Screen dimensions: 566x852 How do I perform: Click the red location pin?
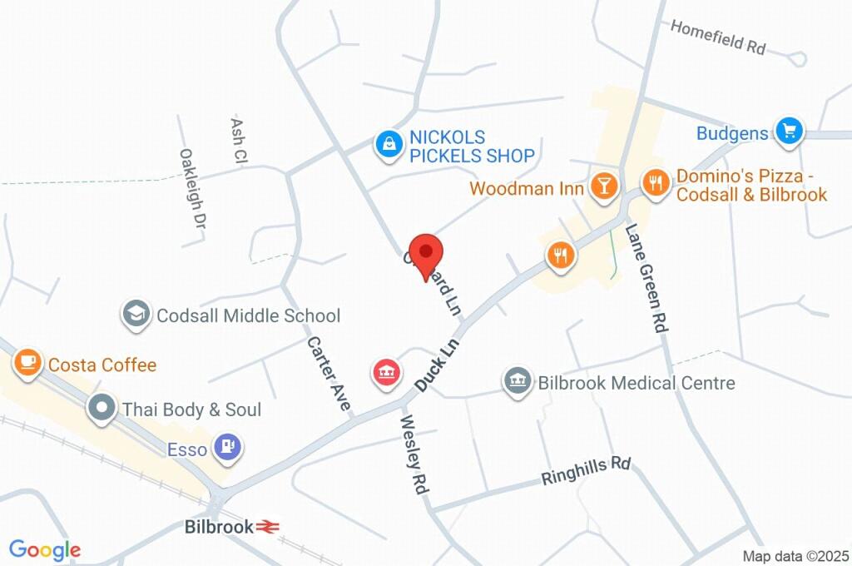click(428, 253)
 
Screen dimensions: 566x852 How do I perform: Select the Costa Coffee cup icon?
click(27, 361)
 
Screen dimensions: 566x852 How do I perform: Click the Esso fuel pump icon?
click(227, 447)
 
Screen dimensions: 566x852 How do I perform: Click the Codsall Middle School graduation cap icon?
click(134, 314)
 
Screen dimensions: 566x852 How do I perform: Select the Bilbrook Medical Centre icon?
click(517, 381)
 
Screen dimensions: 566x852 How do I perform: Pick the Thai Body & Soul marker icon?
click(102, 408)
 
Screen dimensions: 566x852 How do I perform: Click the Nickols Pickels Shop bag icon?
click(387, 143)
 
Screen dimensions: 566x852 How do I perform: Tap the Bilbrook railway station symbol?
click(267, 526)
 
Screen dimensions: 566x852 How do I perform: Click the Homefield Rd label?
click(717, 37)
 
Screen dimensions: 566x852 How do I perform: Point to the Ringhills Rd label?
click(586, 471)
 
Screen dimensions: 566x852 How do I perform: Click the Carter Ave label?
click(329, 375)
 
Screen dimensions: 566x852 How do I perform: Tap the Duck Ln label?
click(437, 365)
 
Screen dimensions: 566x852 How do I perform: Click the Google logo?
click(44, 549)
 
